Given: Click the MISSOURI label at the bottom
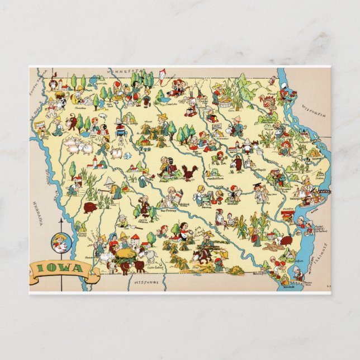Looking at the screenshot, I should tap(146, 283).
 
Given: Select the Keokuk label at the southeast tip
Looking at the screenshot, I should tap(288, 284).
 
